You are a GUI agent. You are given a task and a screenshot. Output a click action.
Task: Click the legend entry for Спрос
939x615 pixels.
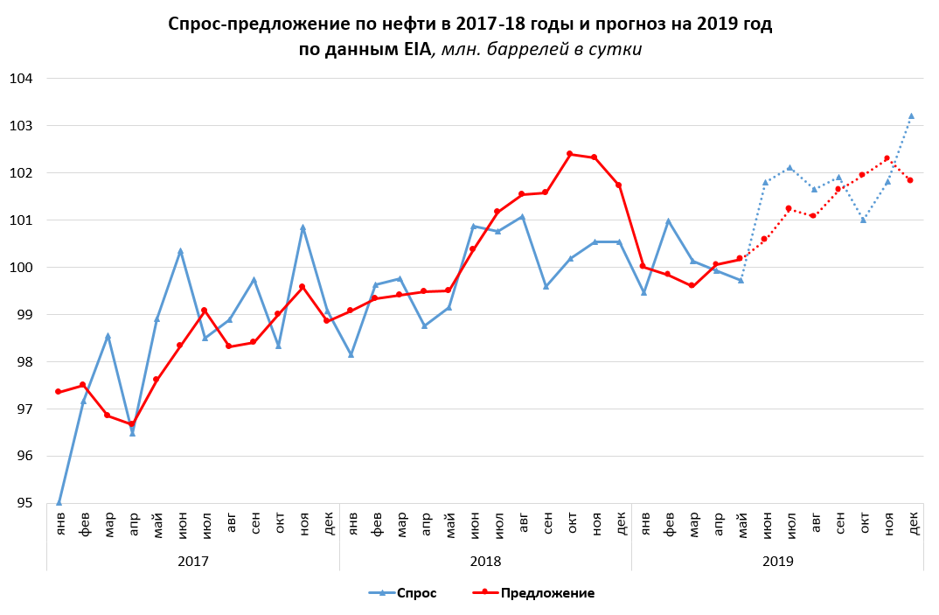point(402,593)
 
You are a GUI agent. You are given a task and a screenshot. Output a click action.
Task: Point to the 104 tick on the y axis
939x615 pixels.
point(21,79)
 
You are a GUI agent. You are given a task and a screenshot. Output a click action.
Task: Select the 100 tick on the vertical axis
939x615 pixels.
point(21,268)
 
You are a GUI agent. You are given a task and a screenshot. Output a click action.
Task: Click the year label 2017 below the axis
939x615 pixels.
point(193,560)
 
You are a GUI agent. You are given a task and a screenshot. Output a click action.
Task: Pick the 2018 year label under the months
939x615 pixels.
point(485,560)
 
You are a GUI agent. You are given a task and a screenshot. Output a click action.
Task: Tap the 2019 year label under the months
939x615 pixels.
point(777,560)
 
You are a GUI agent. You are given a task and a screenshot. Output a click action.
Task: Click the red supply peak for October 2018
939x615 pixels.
point(570,154)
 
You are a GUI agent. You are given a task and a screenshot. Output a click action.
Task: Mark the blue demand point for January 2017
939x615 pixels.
point(59,502)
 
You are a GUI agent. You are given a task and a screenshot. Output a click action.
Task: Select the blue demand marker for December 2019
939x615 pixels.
point(911,115)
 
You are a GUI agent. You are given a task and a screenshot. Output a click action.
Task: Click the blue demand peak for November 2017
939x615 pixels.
point(303,227)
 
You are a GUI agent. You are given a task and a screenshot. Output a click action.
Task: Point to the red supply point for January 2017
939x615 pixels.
point(59,392)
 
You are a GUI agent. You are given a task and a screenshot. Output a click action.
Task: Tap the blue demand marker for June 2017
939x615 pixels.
point(181,251)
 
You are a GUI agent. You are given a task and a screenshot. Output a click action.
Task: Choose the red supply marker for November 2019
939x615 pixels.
point(887,158)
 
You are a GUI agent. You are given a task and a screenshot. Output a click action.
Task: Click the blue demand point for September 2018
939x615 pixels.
point(546,286)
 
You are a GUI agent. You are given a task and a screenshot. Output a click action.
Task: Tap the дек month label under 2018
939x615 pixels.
point(619,523)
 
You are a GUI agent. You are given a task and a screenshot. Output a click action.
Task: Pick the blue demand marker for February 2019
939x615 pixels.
point(668,221)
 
